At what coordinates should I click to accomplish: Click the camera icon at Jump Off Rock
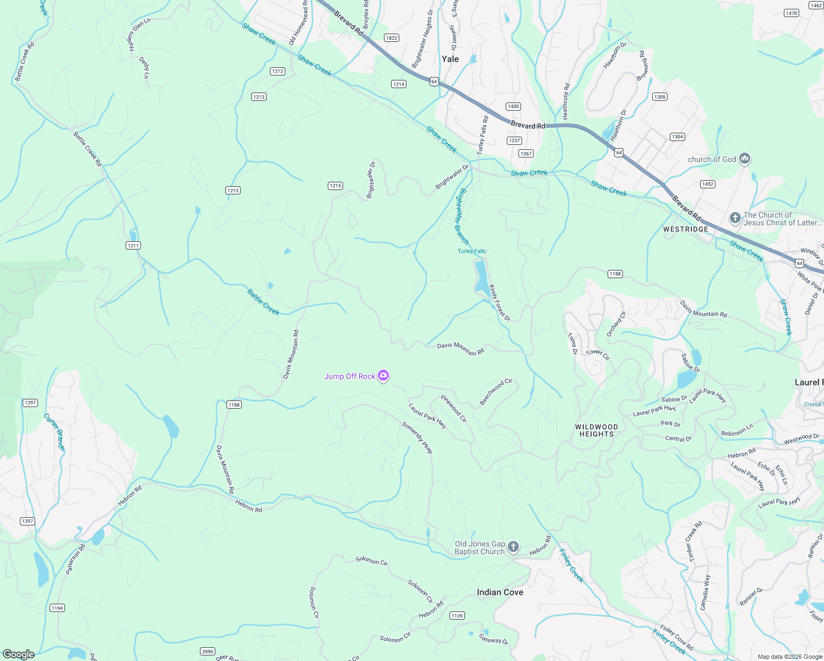point(383,376)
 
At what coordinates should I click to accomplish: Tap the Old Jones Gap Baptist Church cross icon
point(513,547)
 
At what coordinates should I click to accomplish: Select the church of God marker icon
point(745,159)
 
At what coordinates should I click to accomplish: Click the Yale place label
point(450,59)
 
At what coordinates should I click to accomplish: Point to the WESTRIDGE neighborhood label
point(685,229)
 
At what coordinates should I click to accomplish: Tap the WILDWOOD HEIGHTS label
point(597,430)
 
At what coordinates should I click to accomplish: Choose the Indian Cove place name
point(500,592)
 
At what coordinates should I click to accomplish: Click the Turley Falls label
point(471,251)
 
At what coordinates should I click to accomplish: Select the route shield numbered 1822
point(392,38)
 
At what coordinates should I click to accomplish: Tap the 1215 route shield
point(335,186)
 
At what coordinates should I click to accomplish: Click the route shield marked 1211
point(133,246)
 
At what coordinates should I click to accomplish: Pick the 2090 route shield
point(208,652)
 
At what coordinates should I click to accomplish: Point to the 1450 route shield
point(513,106)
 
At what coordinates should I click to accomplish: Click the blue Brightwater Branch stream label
point(463,217)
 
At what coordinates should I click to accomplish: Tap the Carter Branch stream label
point(55,433)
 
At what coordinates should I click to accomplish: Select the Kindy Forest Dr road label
point(500,303)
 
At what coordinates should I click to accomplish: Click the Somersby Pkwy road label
point(418,438)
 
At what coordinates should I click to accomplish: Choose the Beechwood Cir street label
point(496,392)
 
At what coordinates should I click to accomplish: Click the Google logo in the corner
point(18,654)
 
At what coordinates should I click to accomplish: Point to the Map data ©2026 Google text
point(789,657)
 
